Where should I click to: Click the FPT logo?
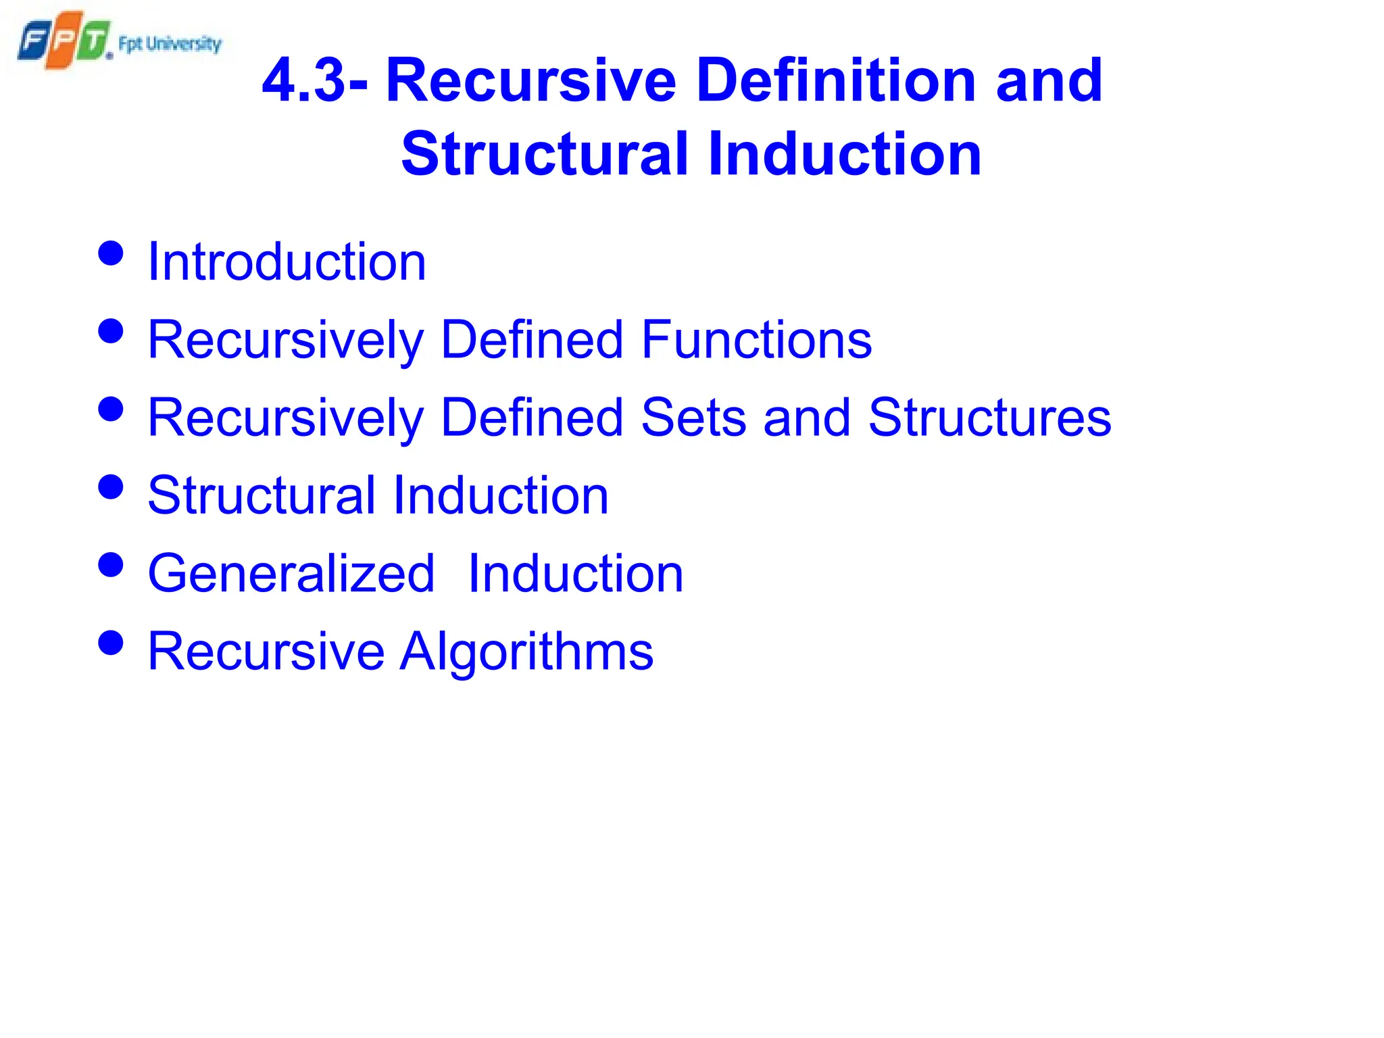point(64,41)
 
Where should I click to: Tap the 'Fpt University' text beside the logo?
point(170,44)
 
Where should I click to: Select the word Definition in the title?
point(835,81)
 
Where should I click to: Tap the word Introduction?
point(287,262)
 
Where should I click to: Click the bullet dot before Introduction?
point(111,253)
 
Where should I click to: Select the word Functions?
point(756,340)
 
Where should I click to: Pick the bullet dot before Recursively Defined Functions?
point(111,331)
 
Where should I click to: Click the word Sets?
point(693,418)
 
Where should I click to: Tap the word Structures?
point(989,418)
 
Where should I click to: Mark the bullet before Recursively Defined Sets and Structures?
point(111,409)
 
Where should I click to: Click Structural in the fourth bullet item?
point(262,495)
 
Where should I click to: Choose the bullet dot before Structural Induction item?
point(111,487)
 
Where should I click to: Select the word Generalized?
point(291,574)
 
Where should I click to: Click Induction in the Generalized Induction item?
point(576,574)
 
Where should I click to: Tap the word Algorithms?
point(526,651)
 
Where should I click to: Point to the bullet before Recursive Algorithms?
point(111,643)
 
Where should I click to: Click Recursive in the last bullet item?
point(266,651)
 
